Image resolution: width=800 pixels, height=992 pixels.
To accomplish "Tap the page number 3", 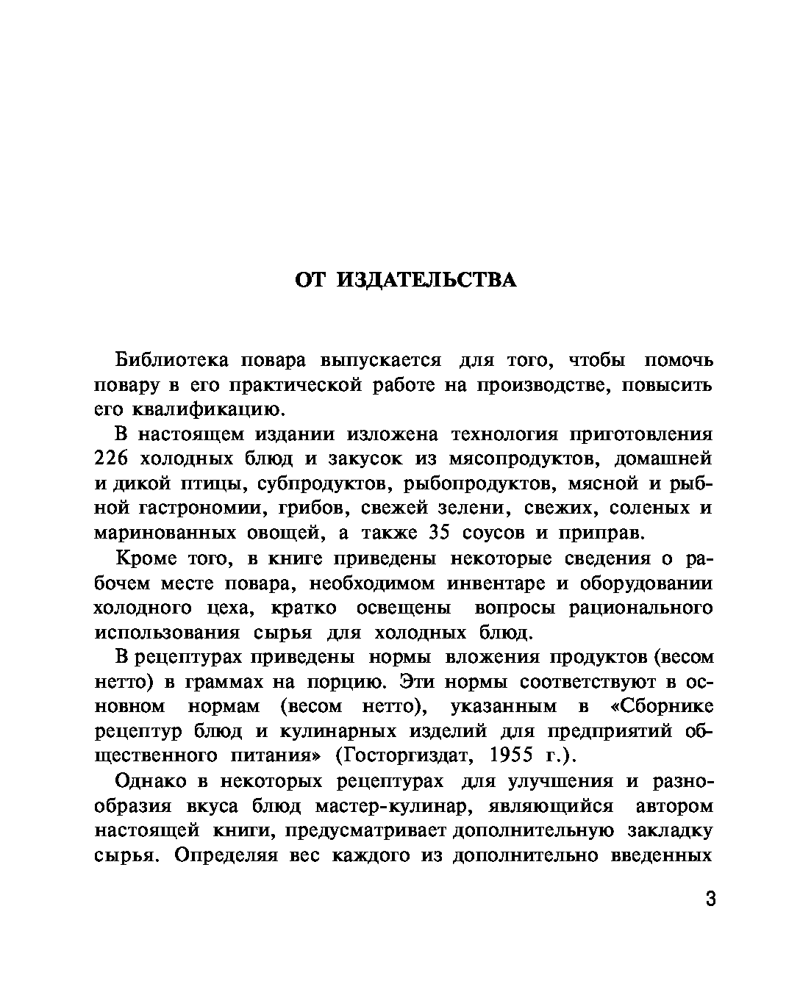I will pos(710,899).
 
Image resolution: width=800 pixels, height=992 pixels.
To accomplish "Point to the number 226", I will pos(112,459).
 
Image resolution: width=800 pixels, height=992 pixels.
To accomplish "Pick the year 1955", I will pos(510,755).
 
